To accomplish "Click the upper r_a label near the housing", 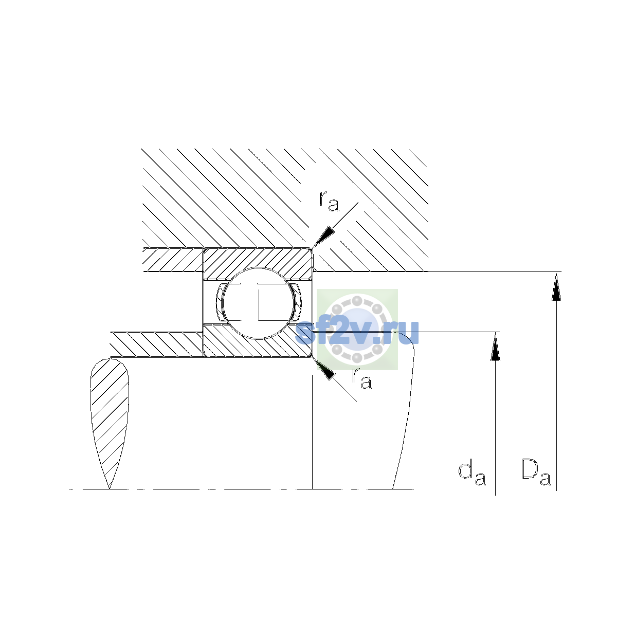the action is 329,202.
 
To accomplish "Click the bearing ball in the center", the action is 258,303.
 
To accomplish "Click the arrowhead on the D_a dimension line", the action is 556,286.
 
